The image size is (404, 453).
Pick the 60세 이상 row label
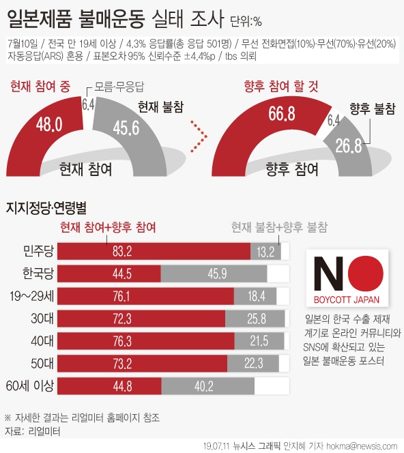[29, 386]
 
